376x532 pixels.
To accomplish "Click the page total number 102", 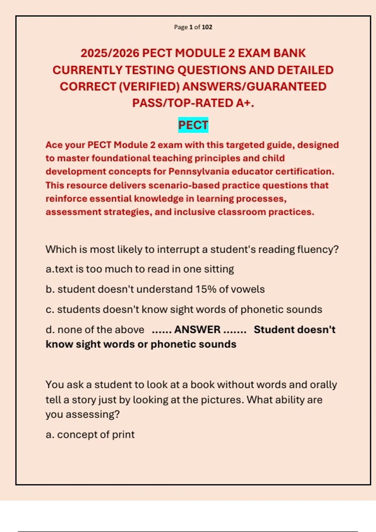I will coord(207,27).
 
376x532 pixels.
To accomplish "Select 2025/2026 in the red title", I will coord(110,53).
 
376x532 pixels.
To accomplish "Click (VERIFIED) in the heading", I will coord(149,87).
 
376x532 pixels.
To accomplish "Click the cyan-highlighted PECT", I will coord(193,125).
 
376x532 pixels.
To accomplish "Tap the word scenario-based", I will coord(184,185).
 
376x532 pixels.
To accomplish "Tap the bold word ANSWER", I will coord(197,330).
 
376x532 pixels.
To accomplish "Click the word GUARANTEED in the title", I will coord(287,87).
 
